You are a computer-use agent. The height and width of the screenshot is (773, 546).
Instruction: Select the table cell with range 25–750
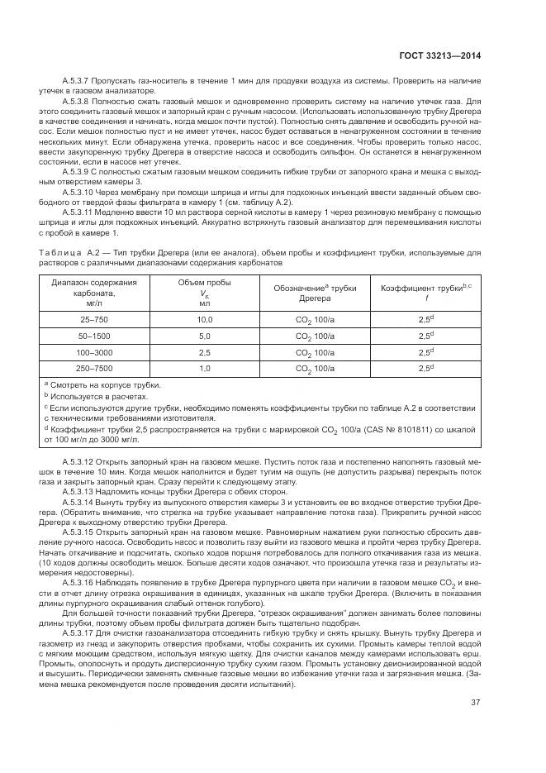click(82, 317)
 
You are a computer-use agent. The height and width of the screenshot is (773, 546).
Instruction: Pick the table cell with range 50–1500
click(82, 336)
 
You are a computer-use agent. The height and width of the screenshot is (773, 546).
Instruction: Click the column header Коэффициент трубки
click(425, 288)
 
